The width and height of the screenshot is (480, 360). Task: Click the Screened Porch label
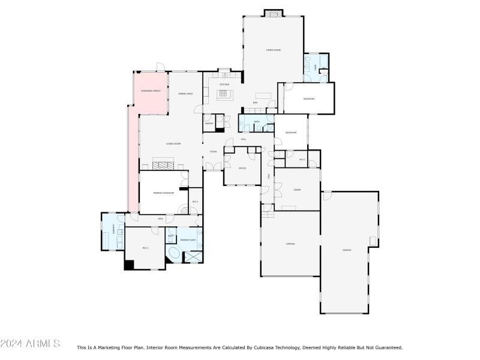coord(151,91)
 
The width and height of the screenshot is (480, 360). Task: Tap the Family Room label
coord(274,50)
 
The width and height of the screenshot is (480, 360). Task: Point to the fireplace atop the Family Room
coord(274,13)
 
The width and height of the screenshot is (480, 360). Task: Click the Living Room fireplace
coord(163,165)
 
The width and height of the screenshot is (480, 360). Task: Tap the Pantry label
coord(209,124)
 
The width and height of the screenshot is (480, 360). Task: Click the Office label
coord(242,168)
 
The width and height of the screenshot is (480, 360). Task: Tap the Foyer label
coord(213,151)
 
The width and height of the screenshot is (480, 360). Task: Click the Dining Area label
coord(185,94)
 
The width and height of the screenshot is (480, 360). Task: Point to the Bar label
coord(255,103)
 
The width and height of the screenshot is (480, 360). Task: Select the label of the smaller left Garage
coord(290,244)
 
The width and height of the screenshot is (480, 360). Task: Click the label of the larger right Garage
coord(347,250)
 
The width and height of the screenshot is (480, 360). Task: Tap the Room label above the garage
coord(296,190)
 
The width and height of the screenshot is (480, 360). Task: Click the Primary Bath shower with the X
coord(194,257)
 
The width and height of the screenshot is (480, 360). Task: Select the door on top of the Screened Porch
coord(160,66)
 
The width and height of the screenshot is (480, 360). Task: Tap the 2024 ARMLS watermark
coord(30,344)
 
